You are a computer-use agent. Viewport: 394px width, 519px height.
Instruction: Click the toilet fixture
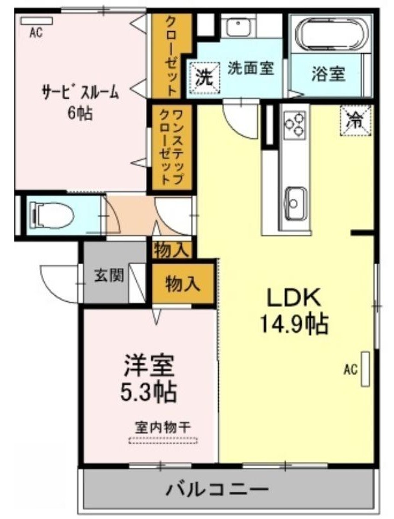tap(51, 216)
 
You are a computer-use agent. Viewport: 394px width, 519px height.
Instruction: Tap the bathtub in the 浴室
tap(332, 33)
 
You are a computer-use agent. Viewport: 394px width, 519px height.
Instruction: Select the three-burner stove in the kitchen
tap(295, 124)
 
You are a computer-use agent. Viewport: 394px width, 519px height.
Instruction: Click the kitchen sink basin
tap(295, 204)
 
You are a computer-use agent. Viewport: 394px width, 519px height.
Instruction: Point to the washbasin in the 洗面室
tap(238, 26)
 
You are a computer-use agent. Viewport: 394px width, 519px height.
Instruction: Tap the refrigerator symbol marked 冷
tap(355, 121)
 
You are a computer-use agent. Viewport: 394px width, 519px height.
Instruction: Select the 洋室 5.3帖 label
tap(148, 378)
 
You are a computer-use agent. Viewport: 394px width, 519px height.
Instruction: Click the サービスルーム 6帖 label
tap(80, 102)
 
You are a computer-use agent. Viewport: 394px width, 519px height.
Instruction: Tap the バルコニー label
tap(217, 489)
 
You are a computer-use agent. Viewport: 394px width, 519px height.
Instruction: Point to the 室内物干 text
tap(162, 428)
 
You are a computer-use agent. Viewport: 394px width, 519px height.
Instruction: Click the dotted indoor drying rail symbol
tap(163, 441)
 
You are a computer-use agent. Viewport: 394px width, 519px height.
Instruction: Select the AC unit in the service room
tap(36, 21)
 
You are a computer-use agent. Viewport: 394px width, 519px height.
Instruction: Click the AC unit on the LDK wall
tap(365, 368)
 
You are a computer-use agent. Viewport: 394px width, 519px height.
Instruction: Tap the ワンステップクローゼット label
tap(171, 147)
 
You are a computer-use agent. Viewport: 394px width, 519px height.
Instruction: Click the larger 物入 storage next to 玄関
tap(183, 284)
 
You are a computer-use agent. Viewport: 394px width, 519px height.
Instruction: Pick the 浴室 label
tap(328, 74)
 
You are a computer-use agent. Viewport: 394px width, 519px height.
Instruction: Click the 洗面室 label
tap(251, 68)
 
